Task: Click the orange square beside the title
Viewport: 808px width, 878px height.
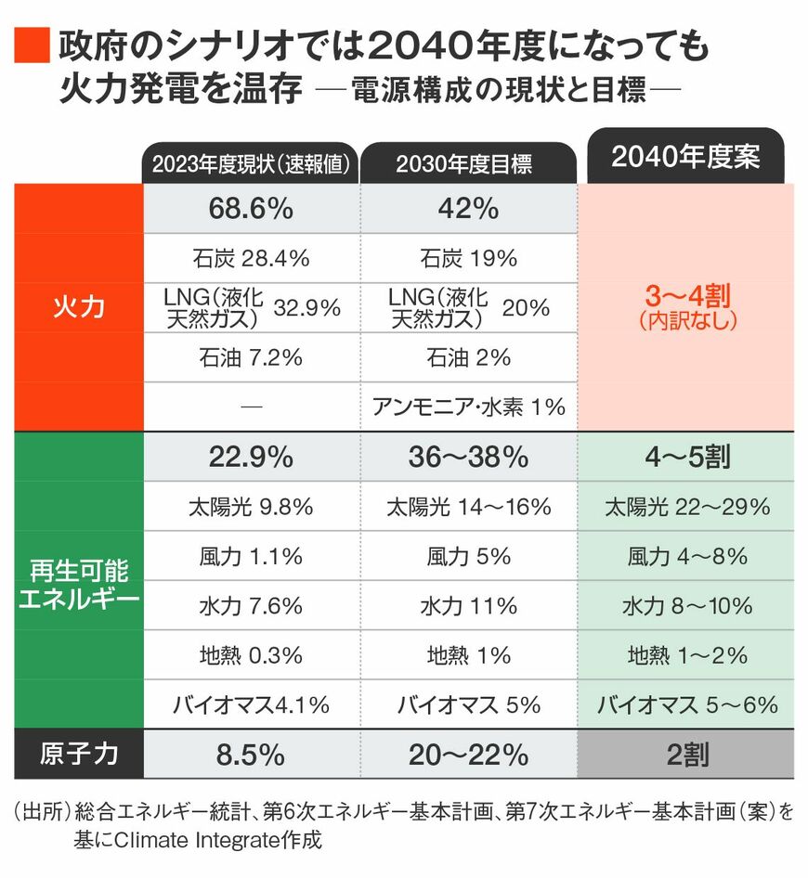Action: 31,45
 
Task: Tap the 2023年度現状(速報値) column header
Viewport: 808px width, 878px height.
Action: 251,164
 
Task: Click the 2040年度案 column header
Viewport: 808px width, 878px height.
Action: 685,156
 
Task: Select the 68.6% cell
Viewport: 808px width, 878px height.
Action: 251,209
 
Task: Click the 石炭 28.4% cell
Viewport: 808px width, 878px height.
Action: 251,258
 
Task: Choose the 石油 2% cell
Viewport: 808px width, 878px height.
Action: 468,357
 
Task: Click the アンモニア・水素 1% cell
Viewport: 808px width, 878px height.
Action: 468,407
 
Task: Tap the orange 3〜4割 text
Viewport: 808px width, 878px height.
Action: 688,297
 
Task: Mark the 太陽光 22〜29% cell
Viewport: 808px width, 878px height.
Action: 686,507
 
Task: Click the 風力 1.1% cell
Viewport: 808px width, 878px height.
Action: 251,556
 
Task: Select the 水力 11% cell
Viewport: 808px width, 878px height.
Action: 468,606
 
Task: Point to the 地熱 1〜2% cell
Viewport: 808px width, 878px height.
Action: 686,655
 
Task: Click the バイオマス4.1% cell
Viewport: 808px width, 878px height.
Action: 251,704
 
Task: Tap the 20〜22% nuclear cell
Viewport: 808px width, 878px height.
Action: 468,755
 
